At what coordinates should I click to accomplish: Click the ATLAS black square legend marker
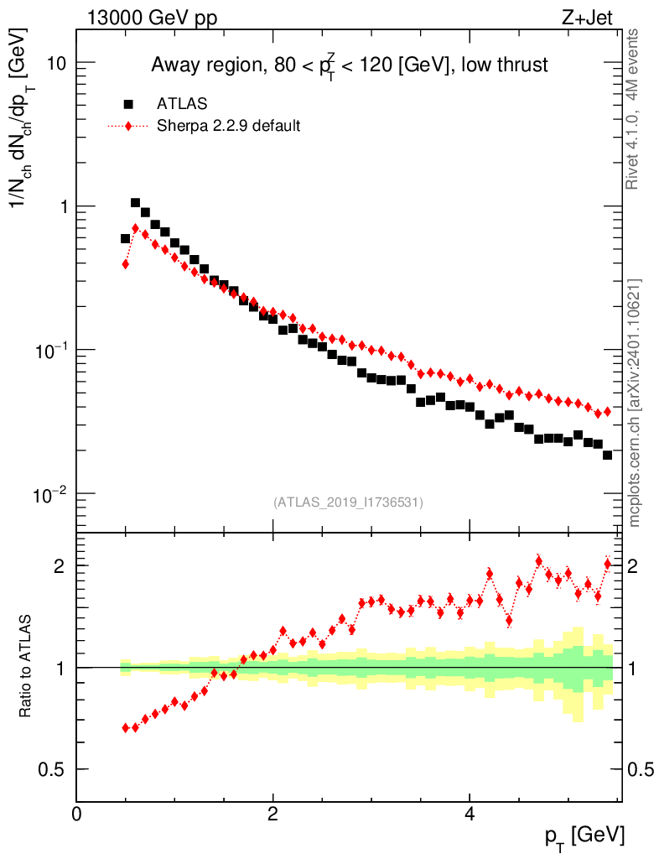coord(128,104)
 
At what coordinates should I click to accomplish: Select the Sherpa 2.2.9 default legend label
coord(229,126)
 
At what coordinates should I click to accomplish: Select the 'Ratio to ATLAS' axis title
coord(26,667)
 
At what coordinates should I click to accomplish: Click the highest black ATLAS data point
coord(135,202)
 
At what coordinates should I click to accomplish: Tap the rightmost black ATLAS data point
coord(607,455)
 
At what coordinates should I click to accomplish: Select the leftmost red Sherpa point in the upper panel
coord(125,264)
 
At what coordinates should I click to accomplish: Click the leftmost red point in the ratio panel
coord(125,727)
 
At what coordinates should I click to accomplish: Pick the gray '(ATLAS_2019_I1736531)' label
coord(348,502)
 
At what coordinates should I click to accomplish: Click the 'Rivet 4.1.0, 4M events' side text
coord(635,109)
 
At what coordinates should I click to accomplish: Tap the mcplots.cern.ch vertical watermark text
coord(635,403)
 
